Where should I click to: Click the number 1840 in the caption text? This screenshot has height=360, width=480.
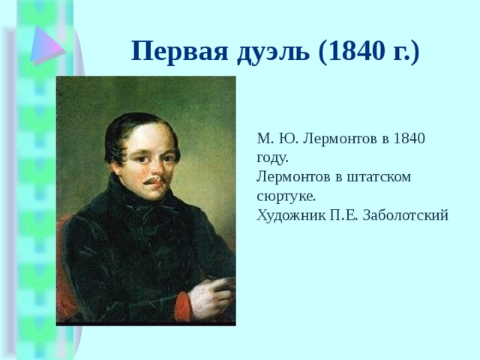[x=409, y=139]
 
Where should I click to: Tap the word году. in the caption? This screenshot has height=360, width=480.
[x=272, y=157]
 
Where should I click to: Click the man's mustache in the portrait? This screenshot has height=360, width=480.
[x=154, y=182]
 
